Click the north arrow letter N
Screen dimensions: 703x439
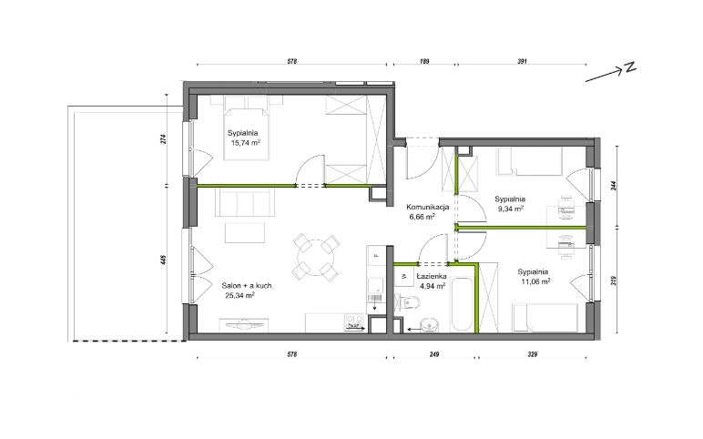(x=630, y=67)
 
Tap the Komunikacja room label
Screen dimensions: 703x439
(x=428, y=207)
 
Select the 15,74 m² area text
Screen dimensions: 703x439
(x=246, y=143)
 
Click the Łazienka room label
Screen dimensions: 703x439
(x=431, y=276)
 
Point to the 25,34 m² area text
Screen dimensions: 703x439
(x=240, y=295)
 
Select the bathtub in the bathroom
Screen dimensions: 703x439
(x=461, y=305)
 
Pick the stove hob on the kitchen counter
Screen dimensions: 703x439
(x=353, y=322)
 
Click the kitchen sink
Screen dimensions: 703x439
(x=375, y=290)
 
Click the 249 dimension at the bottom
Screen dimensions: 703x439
(x=433, y=354)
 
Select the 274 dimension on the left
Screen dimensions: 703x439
(x=163, y=139)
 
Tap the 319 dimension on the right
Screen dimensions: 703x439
(x=614, y=281)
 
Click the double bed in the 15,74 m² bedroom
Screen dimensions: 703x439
(x=247, y=133)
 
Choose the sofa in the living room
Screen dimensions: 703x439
(x=244, y=202)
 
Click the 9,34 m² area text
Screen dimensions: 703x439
(x=510, y=209)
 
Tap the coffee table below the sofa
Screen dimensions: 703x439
(x=245, y=233)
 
